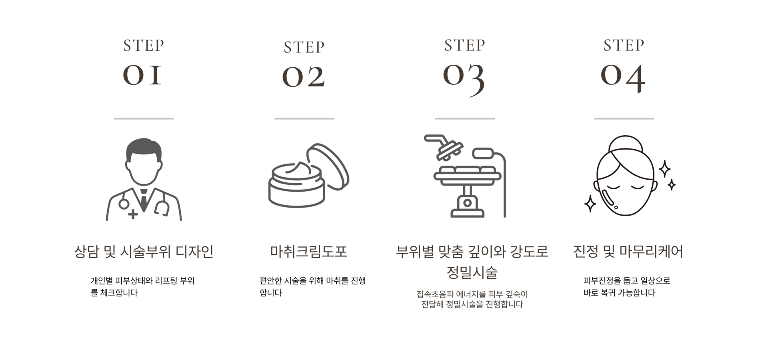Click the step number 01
point(142,75)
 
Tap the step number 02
point(304,77)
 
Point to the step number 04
point(623,78)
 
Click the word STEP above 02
point(304,47)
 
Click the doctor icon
point(144,180)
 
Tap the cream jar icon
point(308,176)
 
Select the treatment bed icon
point(466,176)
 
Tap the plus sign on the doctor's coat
point(133,214)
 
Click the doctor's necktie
point(144,198)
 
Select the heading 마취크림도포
point(308,252)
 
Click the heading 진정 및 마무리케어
point(628,252)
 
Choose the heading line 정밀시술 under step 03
point(472,272)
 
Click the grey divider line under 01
point(144,118)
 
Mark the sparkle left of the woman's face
point(590,204)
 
